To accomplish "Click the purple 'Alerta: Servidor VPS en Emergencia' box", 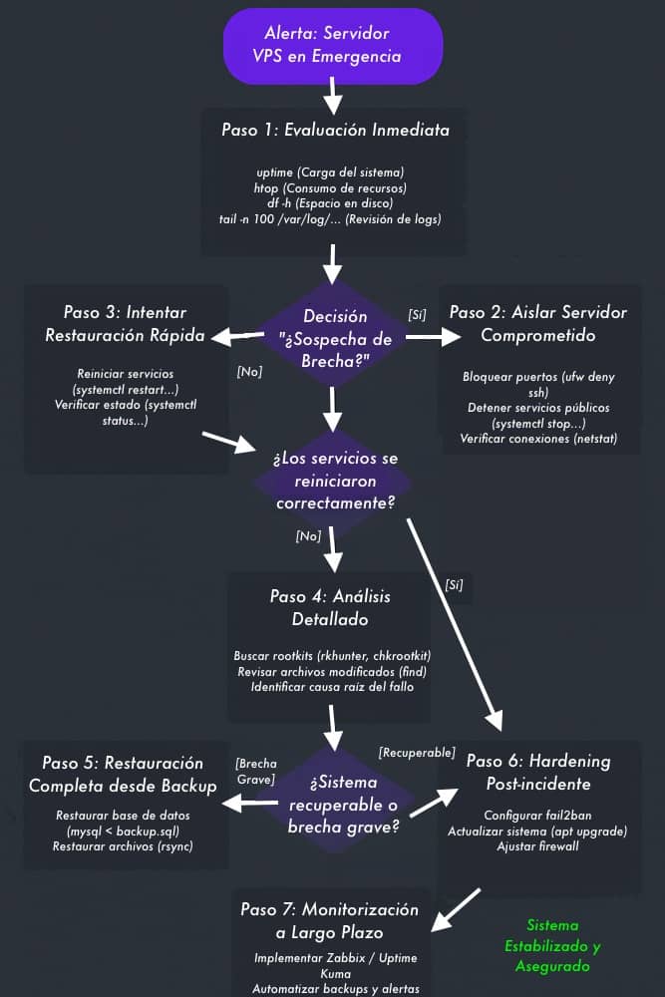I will (333, 45).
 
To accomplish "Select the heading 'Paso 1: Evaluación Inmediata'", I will (335, 131).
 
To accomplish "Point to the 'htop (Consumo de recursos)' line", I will (330, 187).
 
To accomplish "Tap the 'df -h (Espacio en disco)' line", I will (330, 202).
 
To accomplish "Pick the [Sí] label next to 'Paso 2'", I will (418, 314).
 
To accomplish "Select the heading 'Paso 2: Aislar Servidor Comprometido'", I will (538, 323).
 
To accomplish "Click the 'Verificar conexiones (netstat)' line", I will (537, 439).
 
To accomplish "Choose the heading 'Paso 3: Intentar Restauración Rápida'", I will (125, 323).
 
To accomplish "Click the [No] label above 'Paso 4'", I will (308, 535).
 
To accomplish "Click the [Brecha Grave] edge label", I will (255, 771).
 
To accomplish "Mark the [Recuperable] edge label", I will (417, 751).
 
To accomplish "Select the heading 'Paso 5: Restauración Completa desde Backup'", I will (123, 775).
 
